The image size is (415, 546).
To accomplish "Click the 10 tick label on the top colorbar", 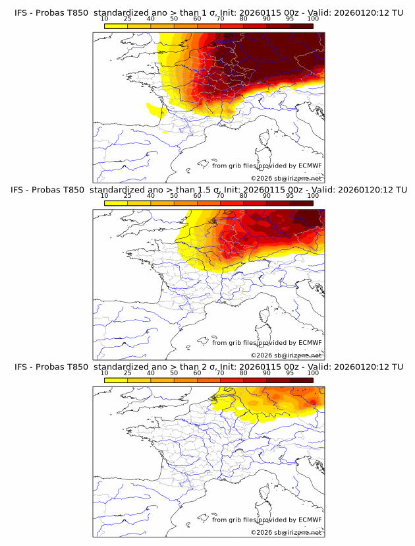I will [105, 18].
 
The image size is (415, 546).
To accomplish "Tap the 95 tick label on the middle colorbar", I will [290, 195].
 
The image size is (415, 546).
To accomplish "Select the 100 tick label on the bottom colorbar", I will [313, 373].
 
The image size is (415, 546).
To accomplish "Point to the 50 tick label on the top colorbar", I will [174, 18].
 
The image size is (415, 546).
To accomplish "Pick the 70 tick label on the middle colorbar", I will [220, 195].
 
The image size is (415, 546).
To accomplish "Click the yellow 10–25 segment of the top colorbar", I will [116, 26].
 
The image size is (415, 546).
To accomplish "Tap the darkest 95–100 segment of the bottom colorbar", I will [301, 380].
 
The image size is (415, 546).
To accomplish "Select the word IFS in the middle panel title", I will [18, 190].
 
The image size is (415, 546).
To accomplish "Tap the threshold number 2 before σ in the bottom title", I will [202, 367].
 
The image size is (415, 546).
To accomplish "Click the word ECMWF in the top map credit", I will [310, 166].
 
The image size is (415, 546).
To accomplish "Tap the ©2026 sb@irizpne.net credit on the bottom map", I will [286, 533].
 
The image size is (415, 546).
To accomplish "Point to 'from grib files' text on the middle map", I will [235, 343].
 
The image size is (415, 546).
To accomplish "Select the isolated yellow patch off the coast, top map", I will [153, 108].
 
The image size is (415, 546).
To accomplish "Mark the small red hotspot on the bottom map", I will [314, 401].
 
